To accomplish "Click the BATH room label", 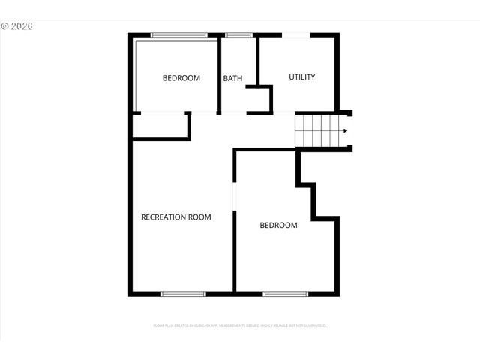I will click(x=232, y=78).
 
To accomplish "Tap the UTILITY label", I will click(x=301, y=76).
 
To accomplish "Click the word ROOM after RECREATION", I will click(x=200, y=217).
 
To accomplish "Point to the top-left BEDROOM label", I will click(x=181, y=78).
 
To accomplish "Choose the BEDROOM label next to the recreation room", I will click(x=278, y=225).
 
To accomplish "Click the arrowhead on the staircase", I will click(x=344, y=131).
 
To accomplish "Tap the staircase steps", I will click(x=318, y=131).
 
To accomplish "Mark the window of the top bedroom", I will click(x=178, y=35).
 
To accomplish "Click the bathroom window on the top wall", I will click(x=238, y=35).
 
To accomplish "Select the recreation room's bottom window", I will click(x=184, y=293).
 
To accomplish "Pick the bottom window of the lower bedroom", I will click(x=285, y=293).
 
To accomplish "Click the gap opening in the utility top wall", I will click(x=296, y=35).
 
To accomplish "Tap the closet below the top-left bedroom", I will click(x=160, y=126).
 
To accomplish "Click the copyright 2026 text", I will click(x=17, y=25).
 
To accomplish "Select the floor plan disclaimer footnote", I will click(x=240, y=326).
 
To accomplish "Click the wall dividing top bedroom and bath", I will click(x=219, y=75).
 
